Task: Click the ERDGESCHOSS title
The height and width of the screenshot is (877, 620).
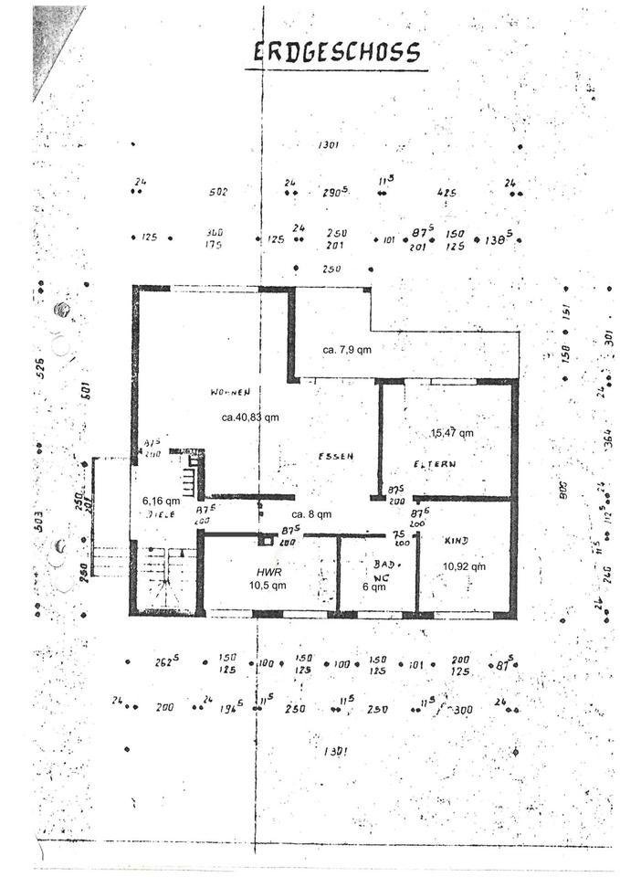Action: coord(338,52)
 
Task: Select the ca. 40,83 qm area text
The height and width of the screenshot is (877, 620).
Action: coord(249,417)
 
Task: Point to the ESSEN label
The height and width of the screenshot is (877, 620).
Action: coord(335,455)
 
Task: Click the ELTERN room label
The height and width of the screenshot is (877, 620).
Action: coord(435,464)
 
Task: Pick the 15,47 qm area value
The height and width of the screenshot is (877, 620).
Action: coord(452,432)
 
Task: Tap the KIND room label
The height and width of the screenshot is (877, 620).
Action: coord(456,542)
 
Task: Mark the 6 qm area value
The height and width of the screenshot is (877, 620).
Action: coord(375,587)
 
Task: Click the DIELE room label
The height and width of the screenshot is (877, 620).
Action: coord(161,514)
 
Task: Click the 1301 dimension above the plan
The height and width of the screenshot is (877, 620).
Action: coord(329,145)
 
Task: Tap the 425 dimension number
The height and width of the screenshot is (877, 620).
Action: coord(447,192)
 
